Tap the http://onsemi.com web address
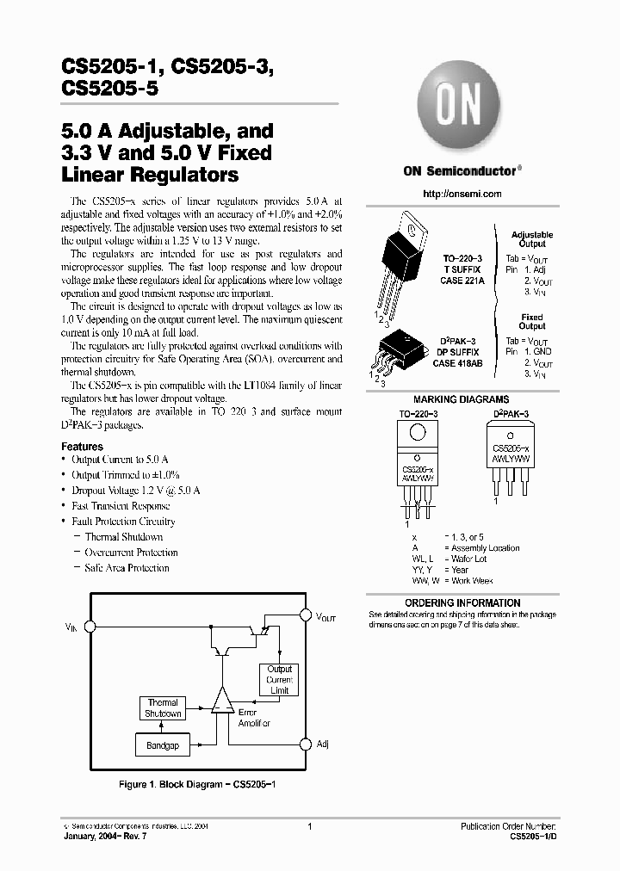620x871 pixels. pyautogui.click(x=462, y=195)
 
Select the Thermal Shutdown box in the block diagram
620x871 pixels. pyautogui.click(x=162, y=708)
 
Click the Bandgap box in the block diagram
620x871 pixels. pyautogui.click(x=162, y=745)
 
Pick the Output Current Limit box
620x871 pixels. pyautogui.click(x=279, y=680)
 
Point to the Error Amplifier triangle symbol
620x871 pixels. pyautogui.click(x=223, y=702)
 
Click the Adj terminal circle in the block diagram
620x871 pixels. pyautogui.click(x=305, y=744)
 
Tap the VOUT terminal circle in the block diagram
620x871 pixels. pyautogui.click(x=305, y=616)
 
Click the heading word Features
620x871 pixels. pyautogui.click(x=82, y=447)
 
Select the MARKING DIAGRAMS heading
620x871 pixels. pyautogui.click(x=461, y=399)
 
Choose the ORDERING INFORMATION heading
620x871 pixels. pyautogui.click(x=462, y=602)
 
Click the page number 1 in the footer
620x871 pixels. pyautogui.click(x=308, y=826)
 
